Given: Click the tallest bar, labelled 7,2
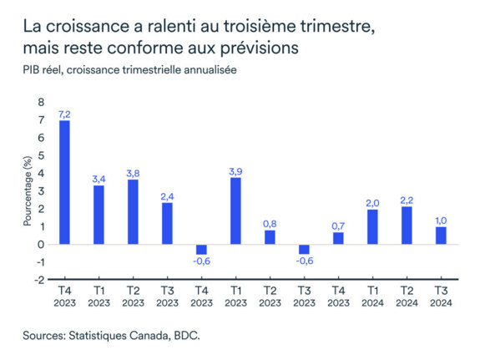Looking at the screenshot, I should point(64,182).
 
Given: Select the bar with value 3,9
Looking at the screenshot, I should point(236,211).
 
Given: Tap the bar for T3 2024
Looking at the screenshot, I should point(442,236).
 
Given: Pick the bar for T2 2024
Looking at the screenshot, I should point(407,225).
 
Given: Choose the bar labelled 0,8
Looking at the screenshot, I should point(270,237).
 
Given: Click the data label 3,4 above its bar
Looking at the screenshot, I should point(99,178).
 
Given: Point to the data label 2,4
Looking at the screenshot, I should point(167,195).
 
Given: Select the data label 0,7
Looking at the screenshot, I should point(339,226).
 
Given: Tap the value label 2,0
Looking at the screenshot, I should point(373,202).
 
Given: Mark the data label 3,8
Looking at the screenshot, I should point(133,172).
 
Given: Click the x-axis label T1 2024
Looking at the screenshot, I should point(373,297).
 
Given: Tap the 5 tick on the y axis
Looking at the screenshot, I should point(39,156).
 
